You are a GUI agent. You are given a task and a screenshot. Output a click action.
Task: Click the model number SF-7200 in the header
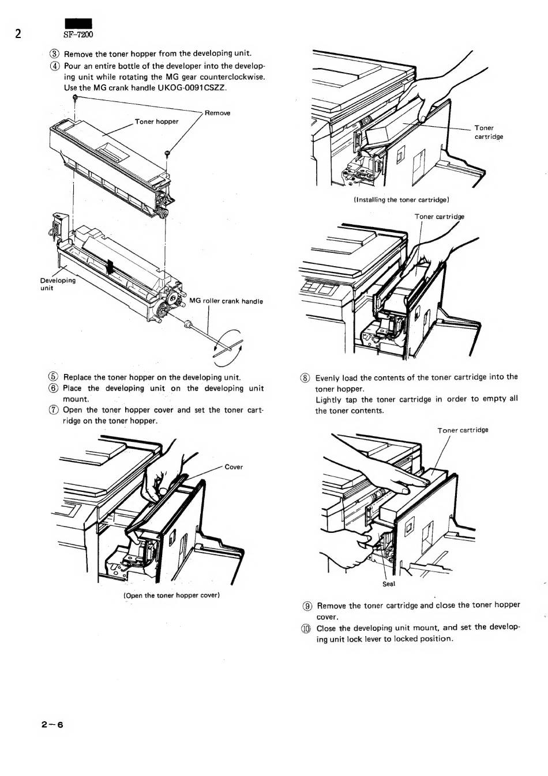[x=78, y=35]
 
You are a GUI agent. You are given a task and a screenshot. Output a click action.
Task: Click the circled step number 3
[x=55, y=54]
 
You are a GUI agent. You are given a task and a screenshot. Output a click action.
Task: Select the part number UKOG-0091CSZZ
[x=187, y=88]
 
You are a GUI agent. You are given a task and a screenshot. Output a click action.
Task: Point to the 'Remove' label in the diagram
[x=217, y=113]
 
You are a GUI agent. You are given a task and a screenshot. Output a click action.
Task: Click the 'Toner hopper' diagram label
[x=156, y=122]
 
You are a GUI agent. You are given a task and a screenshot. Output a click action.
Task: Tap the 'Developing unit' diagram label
[x=57, y=284]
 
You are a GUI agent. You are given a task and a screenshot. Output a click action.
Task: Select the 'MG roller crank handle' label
[x=226, y=301]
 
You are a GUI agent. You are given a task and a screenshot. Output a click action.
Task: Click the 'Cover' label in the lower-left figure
[x=234, y=467]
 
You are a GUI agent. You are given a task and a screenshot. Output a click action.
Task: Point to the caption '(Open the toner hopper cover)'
[x=172, y=595]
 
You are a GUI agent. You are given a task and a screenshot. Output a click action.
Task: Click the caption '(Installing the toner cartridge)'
[x=401, y=200]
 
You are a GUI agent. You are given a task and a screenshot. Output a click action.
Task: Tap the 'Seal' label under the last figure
[x=389, y=584]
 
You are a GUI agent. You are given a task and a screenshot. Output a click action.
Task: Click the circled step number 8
[x=306, y=378]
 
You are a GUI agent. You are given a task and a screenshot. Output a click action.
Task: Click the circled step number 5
[x=55, y=377]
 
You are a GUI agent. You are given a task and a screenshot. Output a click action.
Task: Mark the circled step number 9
[x=307, y=605]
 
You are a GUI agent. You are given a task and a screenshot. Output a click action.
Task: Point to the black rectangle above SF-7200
[x=78, y=24]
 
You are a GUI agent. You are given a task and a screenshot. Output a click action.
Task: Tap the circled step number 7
[x=55, y=410]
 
